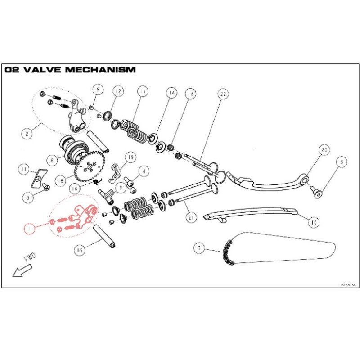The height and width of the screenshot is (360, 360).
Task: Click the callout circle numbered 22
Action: pos(222,94)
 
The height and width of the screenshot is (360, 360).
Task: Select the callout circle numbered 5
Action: pos(341,162)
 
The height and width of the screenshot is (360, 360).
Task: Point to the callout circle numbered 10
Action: pos(314,221)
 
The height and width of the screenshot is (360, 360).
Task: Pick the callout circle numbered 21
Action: pos(191,217)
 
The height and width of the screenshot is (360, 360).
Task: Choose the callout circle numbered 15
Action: pos(80,250)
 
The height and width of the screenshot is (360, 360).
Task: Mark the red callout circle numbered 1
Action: pos(30,228)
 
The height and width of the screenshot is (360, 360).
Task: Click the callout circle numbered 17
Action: pos(143,92)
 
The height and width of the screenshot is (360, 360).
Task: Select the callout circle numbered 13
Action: pos(190,94)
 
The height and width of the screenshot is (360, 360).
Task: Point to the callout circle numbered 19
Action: pos(130,157)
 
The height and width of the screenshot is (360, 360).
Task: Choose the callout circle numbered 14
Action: pos(171,94)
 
